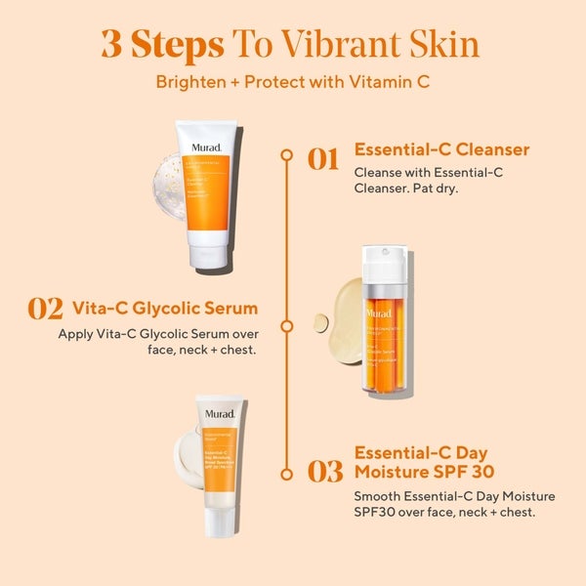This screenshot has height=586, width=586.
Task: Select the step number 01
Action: pyautogui.click(x=322, y=159)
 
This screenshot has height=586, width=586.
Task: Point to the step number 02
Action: pyautogui.click(x=46, y=309)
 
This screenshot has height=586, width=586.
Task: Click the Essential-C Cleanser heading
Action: pyautogui.click(x=441, y=149)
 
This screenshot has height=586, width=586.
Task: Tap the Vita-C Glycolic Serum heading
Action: pyautogui.click(x=166, y=309)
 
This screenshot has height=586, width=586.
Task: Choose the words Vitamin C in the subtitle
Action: pyautogui.click(x=392, y=81)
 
